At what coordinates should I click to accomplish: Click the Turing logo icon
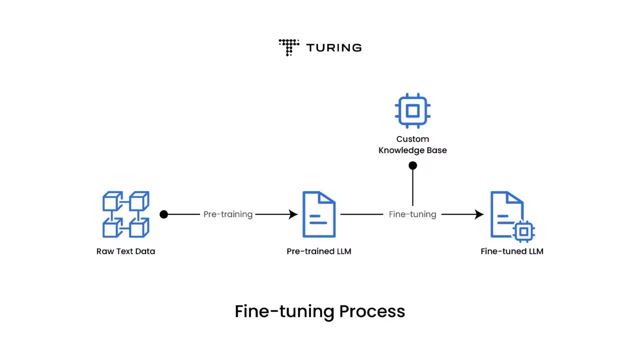pyautogui.click(x=288, y=47)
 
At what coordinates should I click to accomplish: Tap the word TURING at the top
pyautogui.click(x=333, y=48)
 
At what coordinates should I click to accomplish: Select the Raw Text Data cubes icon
pyautogui.click(x=126, y=214)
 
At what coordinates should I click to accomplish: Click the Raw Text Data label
pyautogui.click(x=125, y=251)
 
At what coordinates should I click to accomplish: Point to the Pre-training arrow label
pyautogui.click(x=227, y=214)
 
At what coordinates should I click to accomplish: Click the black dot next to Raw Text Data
pyautogui.click(x=164, y=214)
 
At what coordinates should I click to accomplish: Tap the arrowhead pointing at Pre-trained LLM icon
pyautogui.click(x=293, y=214)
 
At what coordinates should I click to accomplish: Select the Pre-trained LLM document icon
pyautogui.click(x=319, y=214)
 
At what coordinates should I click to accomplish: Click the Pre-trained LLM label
pyautogui.click(x=319, y=251)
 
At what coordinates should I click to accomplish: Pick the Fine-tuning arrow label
pyautogui.click(x=412, y=214)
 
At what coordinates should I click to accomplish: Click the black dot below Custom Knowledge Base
pyautogui.click(x=412, y=165)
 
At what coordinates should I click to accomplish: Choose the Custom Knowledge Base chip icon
pyautogui.click(x=412, y=110)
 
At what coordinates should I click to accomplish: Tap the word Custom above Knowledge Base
pyautogui.click(x=412, y=139)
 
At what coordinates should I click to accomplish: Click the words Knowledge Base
pyautogui.click(x=412, y=150)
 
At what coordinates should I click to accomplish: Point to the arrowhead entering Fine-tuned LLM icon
pyautogui.click(x=479, y=214)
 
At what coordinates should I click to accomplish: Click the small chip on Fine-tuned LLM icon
pyautogui.click(x=523, y=231)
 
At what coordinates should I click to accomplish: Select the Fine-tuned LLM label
pyautogui.click(x=511, y=251)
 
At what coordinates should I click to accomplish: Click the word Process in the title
pyautogui.click(x=372, y=311)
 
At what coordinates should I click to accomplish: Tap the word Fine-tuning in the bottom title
pyautogui.click(x=284, y=311)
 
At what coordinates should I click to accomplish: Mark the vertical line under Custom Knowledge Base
pyautogui.click(x=412, y=187)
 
